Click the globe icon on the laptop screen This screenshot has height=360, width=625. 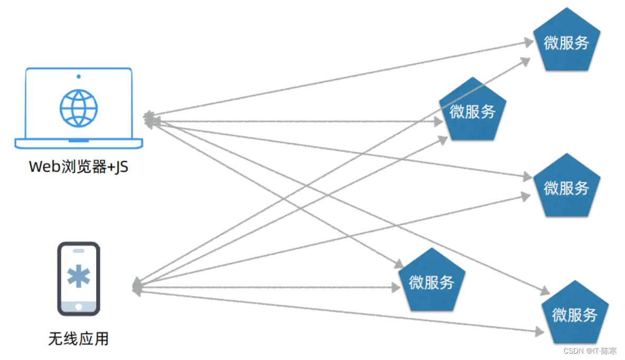[x=79, y=108]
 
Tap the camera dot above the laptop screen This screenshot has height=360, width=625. [x=79, y=76]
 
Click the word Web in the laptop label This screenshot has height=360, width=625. [x=44, y=167]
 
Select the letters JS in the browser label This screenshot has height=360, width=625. [x=121, y=167]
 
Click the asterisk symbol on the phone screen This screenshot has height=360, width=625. [x=79, y=276]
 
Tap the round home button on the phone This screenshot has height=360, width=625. [x=79, y=307]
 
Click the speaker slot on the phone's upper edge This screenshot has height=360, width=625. [x=79, y=251]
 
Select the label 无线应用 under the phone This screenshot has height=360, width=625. [x=79, y=338]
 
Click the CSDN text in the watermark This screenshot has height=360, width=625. [x=573, y=351]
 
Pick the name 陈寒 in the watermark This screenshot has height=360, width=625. [x=609, y=351]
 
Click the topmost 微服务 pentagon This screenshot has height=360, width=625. [x=566, y=40]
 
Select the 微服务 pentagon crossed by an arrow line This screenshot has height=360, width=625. [x=472, y=109]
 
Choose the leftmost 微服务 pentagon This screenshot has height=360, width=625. [x=432, y=280]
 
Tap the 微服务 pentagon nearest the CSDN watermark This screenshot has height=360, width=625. [x=575, y=312]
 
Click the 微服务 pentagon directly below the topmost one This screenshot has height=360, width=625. [x=566, y=186]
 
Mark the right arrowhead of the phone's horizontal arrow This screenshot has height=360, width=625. [x=396, y=288]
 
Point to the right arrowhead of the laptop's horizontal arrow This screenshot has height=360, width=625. [x=439, y=122]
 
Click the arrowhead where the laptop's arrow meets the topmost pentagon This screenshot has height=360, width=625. [x=529, y=42]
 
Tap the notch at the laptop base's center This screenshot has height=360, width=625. [x=79, y=140]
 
